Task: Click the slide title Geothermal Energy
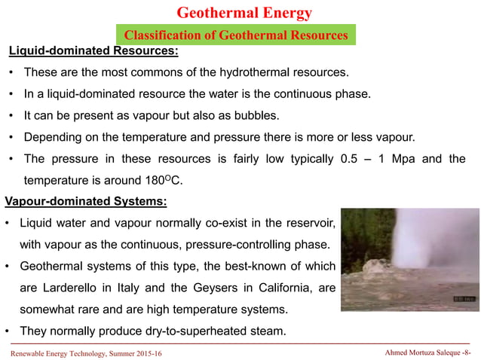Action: click(244, 13)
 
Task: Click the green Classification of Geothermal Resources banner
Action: click(235, 35)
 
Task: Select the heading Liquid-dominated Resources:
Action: click(93, 52)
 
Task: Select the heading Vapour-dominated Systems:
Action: click(86, 202)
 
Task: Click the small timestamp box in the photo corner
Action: click(462, 299)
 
